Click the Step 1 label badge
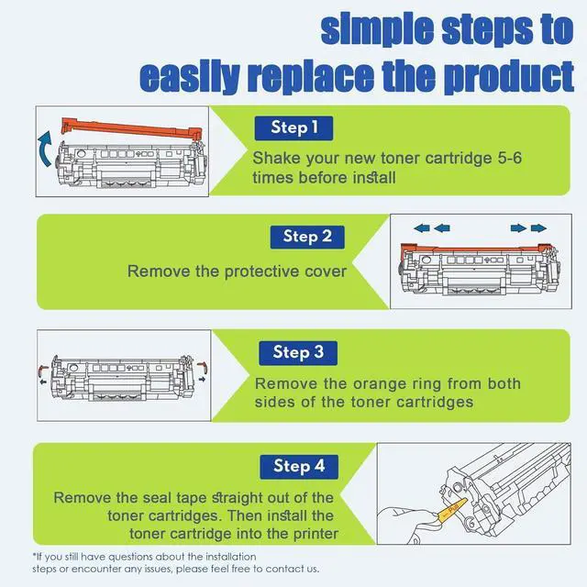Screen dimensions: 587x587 (x=295, y=127)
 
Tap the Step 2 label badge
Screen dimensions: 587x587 (x=307, y=237)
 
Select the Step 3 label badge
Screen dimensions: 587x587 (x=298, y=352)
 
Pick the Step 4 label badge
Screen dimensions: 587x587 (x=299, y=466)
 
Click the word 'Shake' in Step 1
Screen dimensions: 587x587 (x=275, y=158)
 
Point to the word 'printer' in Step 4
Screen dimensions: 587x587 (x=313, y=534)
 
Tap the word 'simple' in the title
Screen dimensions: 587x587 (x=376, y=29)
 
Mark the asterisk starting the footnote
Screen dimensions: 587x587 (x=34, y=556)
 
